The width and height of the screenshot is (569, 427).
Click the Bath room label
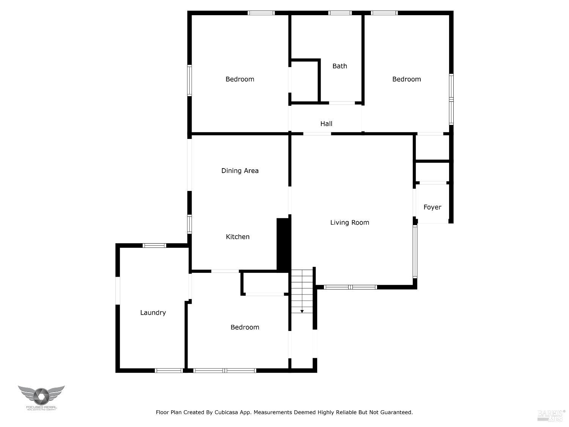click(340, 66)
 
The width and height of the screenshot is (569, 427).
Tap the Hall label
click(326, 124)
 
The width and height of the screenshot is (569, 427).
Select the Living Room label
click(349, 222)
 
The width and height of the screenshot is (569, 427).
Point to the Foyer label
click(432, 207)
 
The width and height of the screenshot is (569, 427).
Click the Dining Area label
click(240, 171)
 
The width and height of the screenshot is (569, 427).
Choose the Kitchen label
click(237, 237)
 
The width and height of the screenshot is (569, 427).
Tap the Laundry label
click(153, 313)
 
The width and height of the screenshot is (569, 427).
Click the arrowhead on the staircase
click(302, 311)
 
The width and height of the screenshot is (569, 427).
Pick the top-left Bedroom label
click(240, 79)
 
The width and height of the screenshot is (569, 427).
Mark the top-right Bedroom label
click(406, 79)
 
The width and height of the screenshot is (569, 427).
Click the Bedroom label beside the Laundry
click(245, 327)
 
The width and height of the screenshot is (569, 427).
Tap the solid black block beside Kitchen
click(283, 244)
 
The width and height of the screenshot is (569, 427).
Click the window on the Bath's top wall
click(340, 13)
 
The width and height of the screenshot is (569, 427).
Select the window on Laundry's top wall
click(154, 246)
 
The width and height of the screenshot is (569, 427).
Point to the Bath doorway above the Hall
click(342, 103)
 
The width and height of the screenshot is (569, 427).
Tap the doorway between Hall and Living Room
click(317, 134)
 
